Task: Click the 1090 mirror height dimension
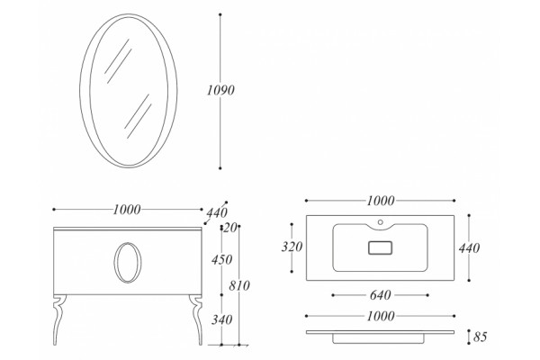[x=220, y=90]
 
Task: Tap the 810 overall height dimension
[x=239, y=285]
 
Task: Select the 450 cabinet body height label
[x=221, y=259]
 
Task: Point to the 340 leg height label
[x=221, y=319]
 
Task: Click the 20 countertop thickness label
[x=229, y=228]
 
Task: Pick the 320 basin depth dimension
[x=292, y=247]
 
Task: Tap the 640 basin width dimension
[x=381, y=295]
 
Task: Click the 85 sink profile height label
[x=480, y=337]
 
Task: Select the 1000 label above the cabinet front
[x=127, y=210]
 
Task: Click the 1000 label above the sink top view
[x=381, y=201]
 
